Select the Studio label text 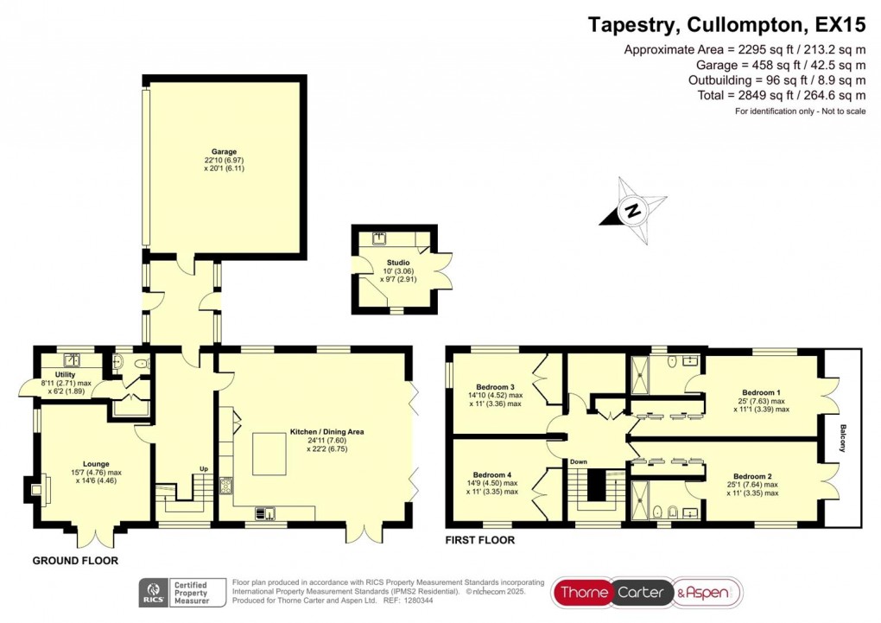pyautogui.click(x=398, y=263)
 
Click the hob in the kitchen pyautogui.click(x=226, y=486)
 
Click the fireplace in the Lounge pyautogui.click(x=37, y=491)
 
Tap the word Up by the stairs pyautogui.click(x=205, y=469)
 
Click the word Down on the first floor pyautogui.click(x=578, y=461)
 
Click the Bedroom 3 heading pyautogui.click(x=495, y=386)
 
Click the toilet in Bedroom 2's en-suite pyautogui.click(x=658, y=512)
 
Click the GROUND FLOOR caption pyautogui.click(x=75, y=561)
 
